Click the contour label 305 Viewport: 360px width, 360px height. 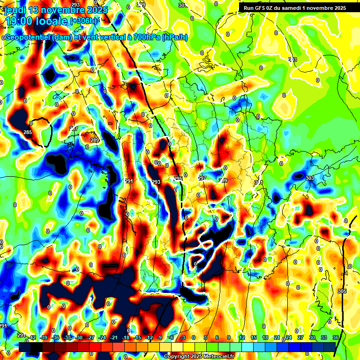point(342,291)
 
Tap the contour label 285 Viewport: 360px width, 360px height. point(28,133)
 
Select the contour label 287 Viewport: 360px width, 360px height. point(74,128)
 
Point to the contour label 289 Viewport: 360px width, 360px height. point(95,140)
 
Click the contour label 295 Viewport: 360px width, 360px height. point(179,179)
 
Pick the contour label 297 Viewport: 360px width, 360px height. point(202,179)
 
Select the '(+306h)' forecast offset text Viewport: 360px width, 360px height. point(84,21)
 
